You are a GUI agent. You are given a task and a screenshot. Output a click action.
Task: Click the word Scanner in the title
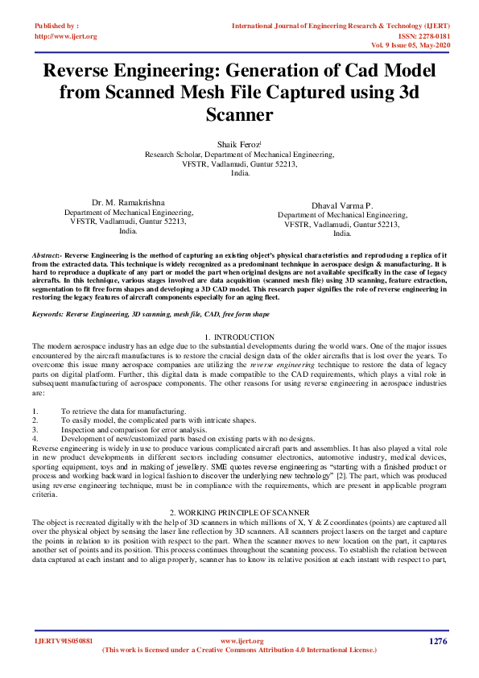tap(239, 115)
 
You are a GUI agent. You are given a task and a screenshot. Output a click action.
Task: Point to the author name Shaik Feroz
tap(239, 143)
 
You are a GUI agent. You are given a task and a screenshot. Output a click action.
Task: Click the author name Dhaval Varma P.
tap(342, 206)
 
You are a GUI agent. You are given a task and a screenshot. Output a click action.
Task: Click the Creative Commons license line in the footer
tap(239, 650)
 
